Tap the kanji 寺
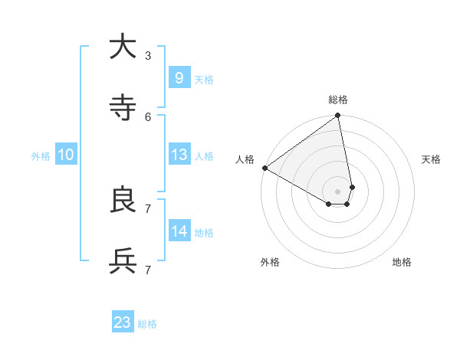point(123,108)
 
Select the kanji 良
point(123,200)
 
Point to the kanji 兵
point(123,261)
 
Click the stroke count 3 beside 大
point(148,55)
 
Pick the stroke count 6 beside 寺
point(148,116)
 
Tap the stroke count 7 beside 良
point(148,208)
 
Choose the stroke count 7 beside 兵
point(148,270)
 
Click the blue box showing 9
point(179,77)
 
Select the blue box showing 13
point(179,155)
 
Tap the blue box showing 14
point(179,231)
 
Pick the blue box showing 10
point(66,155)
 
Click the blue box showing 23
point(123,322)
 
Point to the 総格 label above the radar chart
point(338,100)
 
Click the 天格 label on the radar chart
point(431,159)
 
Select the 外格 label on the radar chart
point(270,262)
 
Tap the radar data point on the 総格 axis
point(338,116)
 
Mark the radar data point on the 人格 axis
point(264,168)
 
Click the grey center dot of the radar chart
point(338,191)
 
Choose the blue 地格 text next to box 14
point(204,233)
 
